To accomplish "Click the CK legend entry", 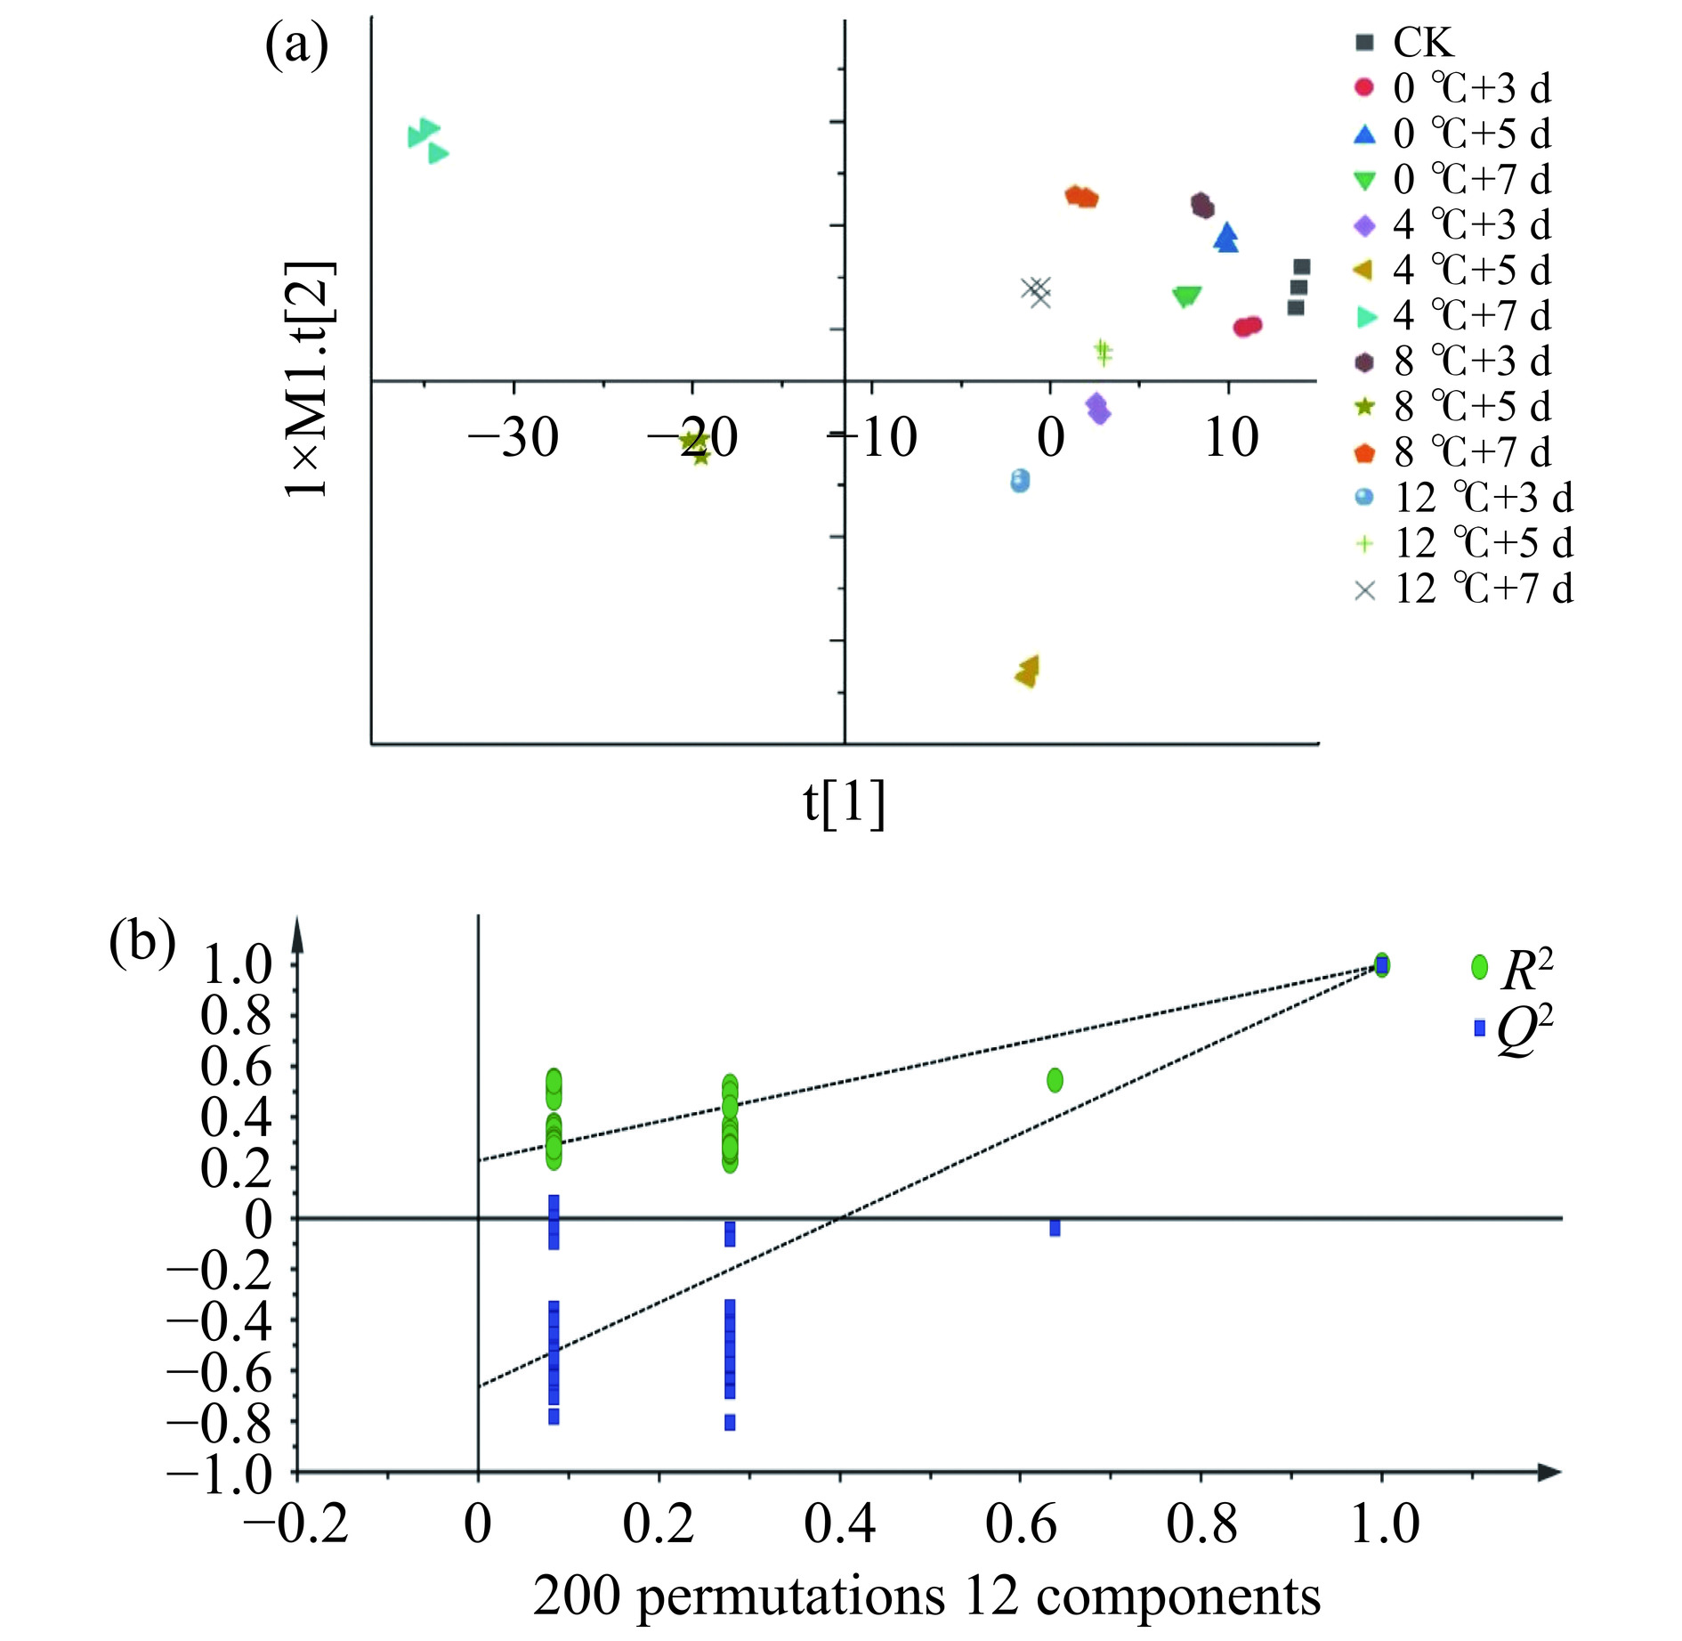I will point(1422,43).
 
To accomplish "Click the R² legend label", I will point(1525,970).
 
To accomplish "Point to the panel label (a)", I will point(296,46).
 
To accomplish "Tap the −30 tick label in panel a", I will point(513,438).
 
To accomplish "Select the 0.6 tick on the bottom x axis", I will point(1020,1524).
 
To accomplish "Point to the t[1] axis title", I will point(845,803).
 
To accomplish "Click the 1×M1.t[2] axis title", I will point(309,379).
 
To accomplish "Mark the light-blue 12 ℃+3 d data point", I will point(1020,481).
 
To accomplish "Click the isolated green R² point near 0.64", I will point(1055,1080).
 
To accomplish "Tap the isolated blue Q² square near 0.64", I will point(1055,1229).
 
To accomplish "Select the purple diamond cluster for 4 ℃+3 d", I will point(1098,409).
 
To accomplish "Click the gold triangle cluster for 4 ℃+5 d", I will point(1027,672).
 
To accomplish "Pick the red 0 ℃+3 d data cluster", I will point(1248,327).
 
